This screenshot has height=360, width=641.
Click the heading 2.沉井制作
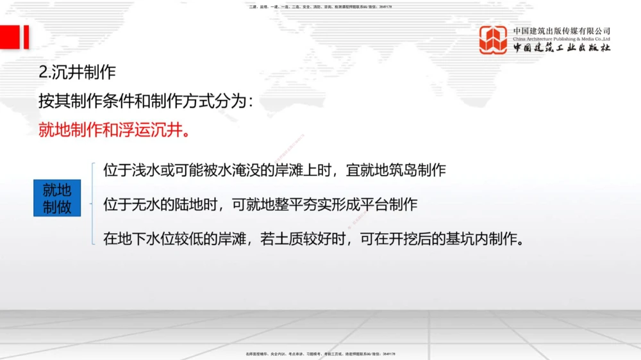click(x=78, y=72)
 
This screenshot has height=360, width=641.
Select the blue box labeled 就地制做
click(x=57, y=198)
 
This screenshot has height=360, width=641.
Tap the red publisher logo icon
click(x=494, y=40)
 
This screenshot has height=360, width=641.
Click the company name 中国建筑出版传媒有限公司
click(x=562, y=31)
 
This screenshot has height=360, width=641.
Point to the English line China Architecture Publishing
click(x=562, y=39)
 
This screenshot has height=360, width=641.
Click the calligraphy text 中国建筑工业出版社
click(x=562, y=49)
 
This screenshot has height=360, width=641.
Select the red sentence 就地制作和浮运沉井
click(x=115, y=131)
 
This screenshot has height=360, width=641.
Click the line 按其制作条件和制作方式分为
click(x=146, y=101)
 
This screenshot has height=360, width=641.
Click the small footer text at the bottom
click(x=320, y=354)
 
